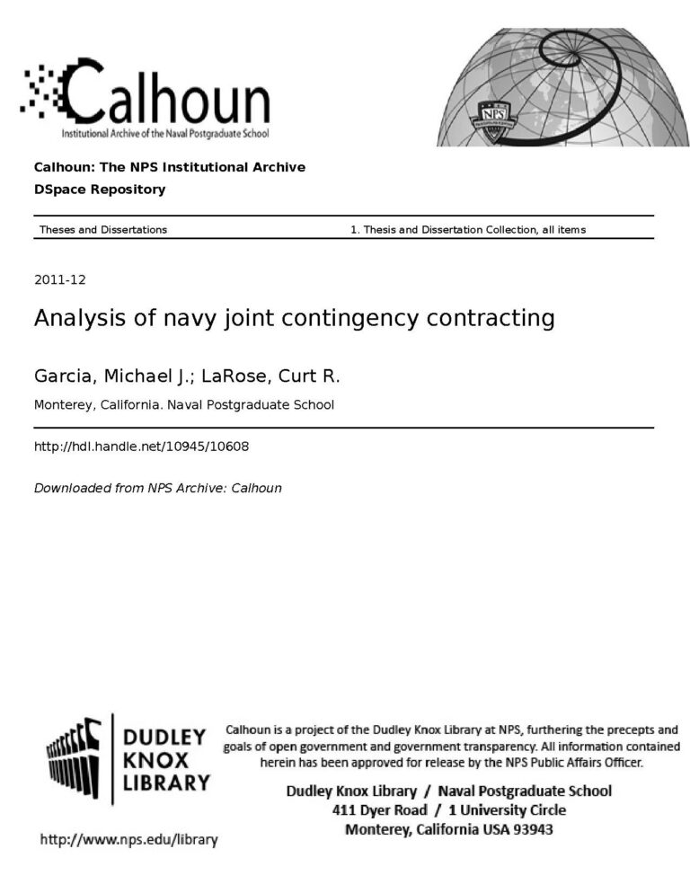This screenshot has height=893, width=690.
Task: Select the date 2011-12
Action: pyautogui.click(x=60, y=279)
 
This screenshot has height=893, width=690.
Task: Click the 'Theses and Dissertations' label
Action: pyautogui.click(x=102, y=230)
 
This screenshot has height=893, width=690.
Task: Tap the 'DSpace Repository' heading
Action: pyautogui.click(x=100, y=190)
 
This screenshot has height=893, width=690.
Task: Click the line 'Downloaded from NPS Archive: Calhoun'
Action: pyautogui.click(x=157, y=489)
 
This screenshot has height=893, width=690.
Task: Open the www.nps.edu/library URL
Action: pyautogui.click(x=128, y=840)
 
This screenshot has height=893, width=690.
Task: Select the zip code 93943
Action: pyautogui.click(x=533, y=829)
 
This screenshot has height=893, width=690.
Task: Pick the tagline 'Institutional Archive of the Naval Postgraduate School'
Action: pyautogui.click(x=164, y=134)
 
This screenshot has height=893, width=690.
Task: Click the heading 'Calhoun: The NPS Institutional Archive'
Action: pyautogui.click(x=170, y=167)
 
